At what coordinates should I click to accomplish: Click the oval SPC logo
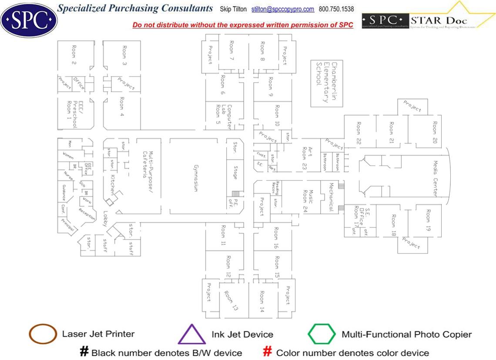coord(29,19)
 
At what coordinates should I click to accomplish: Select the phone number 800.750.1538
coord(336,9)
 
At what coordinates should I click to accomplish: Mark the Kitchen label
coord(112,184)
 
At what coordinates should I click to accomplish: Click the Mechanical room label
coord(331,197)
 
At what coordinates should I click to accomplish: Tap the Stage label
coord(235,172)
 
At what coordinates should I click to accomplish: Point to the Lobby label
coord(105,219)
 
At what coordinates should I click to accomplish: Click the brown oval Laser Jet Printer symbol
coord(42,334)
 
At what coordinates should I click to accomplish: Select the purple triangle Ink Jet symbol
coord(192,334)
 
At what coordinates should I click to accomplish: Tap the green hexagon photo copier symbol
coord(322,334)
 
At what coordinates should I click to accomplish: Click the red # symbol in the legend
coord(268,351)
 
